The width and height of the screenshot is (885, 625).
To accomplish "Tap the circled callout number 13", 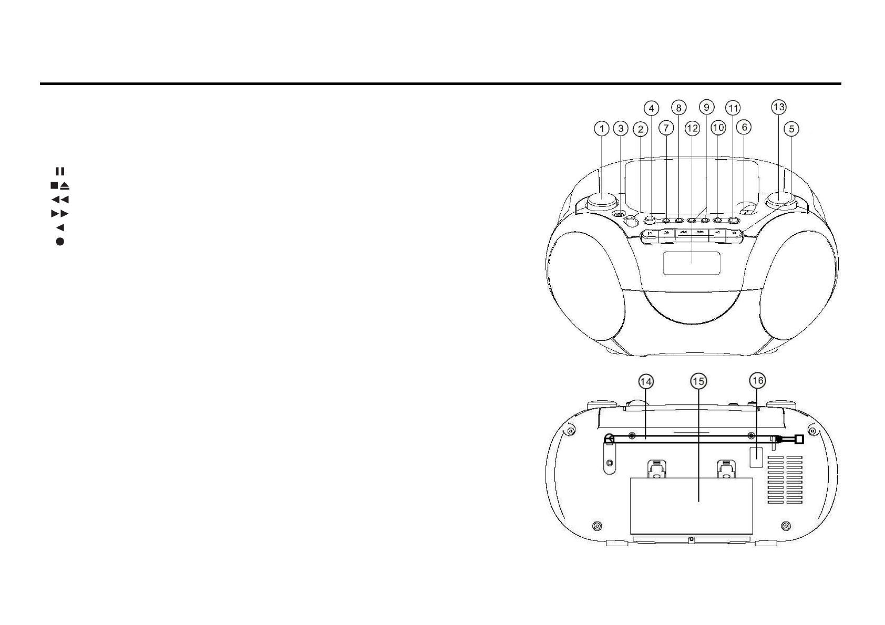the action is coord(778,107).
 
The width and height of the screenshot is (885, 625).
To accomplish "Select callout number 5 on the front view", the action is coord(791,128).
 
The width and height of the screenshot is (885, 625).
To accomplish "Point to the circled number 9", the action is coord(706,107).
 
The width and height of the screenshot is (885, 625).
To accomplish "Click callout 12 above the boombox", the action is coord(692,128).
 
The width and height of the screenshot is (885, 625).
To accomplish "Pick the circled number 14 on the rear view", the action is coord(646,382).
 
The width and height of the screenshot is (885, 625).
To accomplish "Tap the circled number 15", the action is coord(698,382).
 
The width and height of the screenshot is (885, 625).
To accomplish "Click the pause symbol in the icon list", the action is coord(60,171).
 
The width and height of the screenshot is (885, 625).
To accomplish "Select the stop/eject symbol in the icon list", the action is coord(60,185).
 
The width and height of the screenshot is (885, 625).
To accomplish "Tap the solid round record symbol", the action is coord(60,242).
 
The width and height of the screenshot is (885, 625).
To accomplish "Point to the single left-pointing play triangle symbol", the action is coord(60,228).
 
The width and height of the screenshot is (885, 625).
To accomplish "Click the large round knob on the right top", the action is coord(780,200).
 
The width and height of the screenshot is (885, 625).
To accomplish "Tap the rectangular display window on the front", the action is coord(691,263).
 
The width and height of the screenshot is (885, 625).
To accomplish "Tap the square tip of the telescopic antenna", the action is coord(799,439).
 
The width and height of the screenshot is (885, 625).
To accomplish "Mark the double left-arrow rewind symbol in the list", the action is coord(60,200).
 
